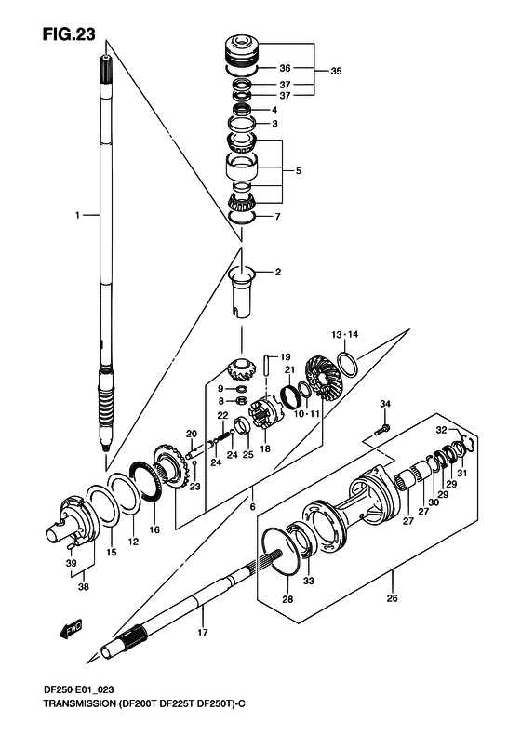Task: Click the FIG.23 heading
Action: [x=69, y=34]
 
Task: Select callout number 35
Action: [x=336, y=72]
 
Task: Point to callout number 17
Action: [x=202, y=633]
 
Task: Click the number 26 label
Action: [x=392, y=598]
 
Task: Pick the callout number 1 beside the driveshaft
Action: [x=77, y=215]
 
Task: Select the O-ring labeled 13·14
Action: [x=348, y=364]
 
